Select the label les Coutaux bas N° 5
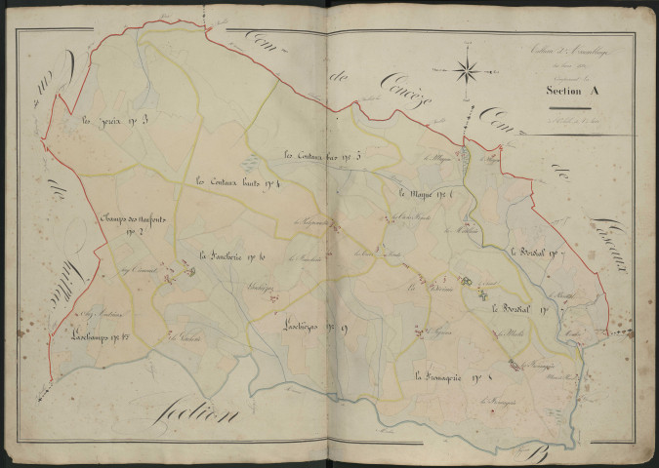click(323, 156)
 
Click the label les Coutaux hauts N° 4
click(238, 180)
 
